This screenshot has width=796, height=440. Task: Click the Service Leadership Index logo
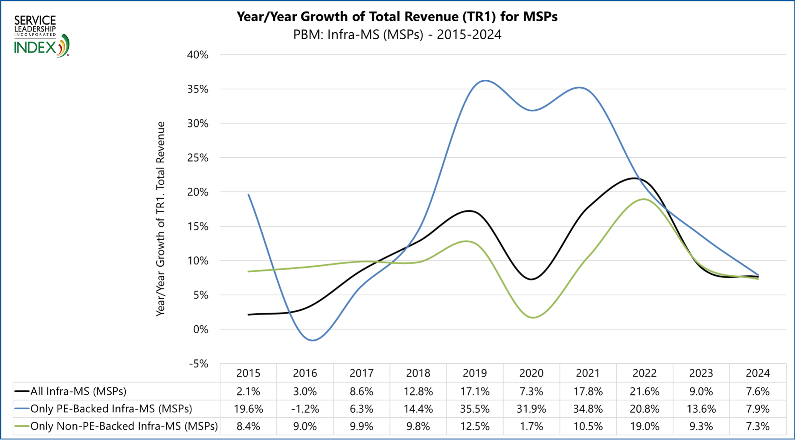[41, 36]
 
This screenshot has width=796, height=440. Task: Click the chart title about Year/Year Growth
[397, 17]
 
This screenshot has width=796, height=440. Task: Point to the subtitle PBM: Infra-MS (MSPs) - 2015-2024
[397, 35]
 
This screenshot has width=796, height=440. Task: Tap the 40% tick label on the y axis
[198, 55]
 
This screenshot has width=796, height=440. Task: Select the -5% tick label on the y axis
[199, 364]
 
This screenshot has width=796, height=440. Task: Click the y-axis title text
[161, 219]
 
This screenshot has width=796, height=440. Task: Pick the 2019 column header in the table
[475, 373]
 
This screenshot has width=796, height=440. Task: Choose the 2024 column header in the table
[758, 373]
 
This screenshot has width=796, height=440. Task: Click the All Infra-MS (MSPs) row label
[78, 391]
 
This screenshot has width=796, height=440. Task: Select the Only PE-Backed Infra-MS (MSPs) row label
[111, 409]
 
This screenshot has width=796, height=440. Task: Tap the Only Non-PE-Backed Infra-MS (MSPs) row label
[124, 426]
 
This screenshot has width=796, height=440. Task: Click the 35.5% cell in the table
[475, 409]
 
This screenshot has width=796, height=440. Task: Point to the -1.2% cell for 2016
[305, 409]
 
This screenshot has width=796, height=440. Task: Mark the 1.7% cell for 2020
[531, 426]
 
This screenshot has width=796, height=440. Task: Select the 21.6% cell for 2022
[644, 391]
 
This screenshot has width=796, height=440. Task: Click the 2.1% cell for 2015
[248, 391]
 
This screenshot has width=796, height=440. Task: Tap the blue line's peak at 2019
[485, 81]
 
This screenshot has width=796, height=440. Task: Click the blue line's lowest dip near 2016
[313, 340]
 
